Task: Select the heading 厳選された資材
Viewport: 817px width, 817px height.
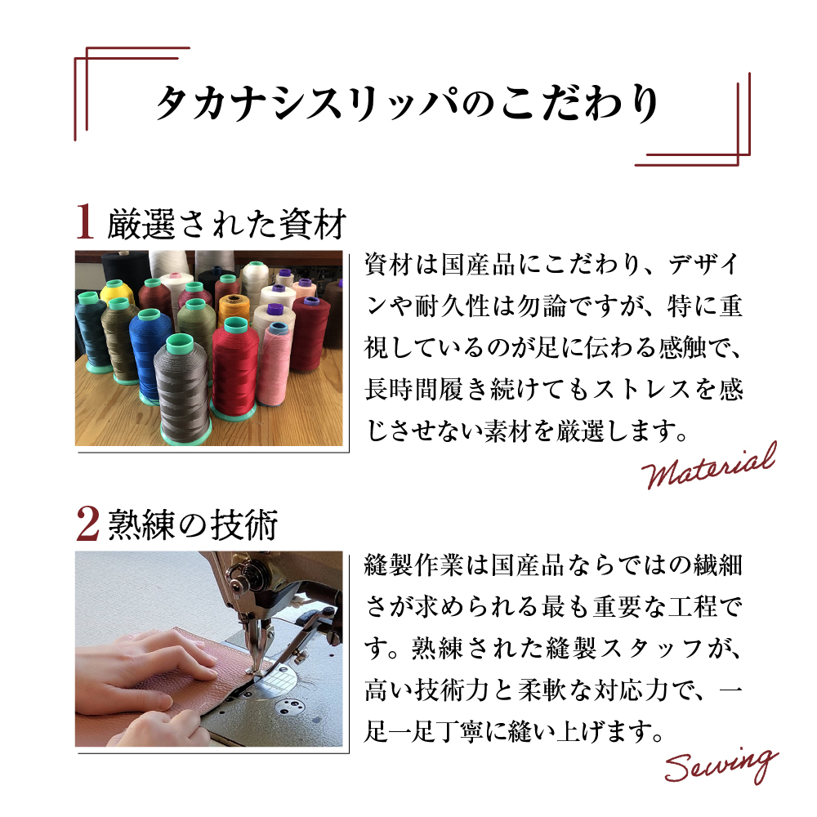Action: point(226,223)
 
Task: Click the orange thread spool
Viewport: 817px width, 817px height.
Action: point(233,315)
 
